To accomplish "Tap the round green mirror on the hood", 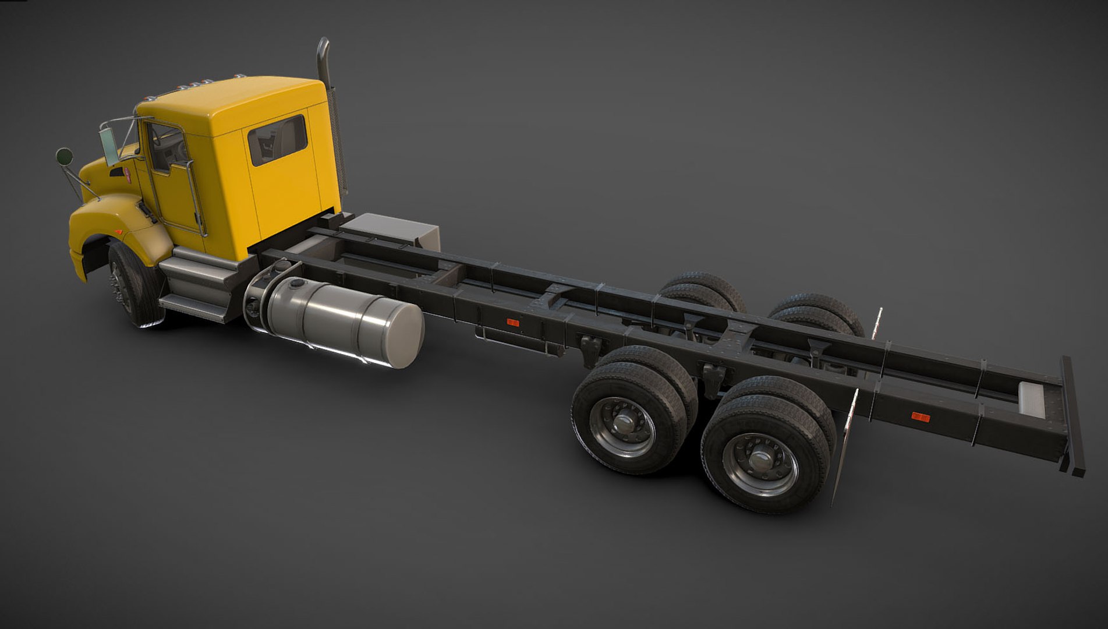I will [x=64, y=156].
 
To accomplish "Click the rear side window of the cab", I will [x=277, y=140].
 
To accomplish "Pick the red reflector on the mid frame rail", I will [x=512, y=322].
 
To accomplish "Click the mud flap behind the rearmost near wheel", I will [x=843, y=448].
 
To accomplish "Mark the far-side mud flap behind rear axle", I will [x=877, y=324].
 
